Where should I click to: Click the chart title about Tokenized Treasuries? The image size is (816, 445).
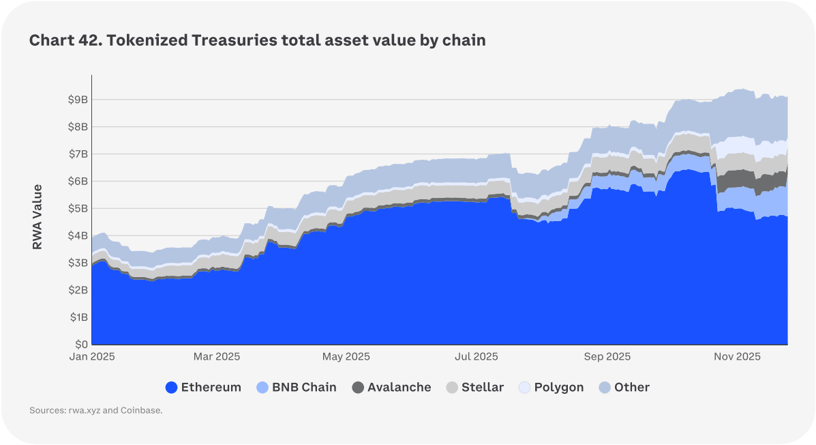[x=257, y=40]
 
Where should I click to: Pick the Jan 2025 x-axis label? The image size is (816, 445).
[x=92, y=357]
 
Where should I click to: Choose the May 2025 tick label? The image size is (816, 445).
[x=346, y=357]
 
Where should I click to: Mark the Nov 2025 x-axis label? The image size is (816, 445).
[x=737, y=357]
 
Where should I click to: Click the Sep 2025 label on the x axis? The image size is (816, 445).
[x=607, y=357]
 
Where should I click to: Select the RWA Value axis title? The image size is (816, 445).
[x=37, y=216]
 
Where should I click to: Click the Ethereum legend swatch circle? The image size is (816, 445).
[x=171, y=388]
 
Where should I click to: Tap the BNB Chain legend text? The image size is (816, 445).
[x=304, y=388]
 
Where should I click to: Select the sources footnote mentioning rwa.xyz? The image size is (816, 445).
[x=96, y=411]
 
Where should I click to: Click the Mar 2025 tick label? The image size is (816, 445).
[x=217, y=357]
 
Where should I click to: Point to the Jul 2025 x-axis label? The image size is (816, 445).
[x=476, y=357]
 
